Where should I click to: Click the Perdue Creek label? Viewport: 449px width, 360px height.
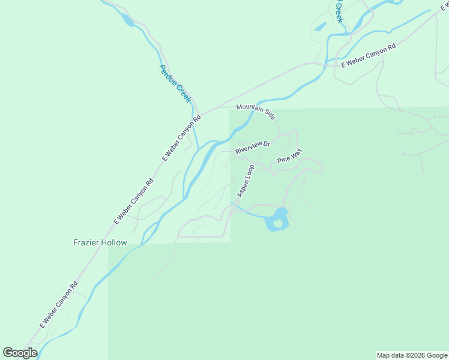click(175, 83)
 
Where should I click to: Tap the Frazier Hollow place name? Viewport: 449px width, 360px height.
click(100, 243)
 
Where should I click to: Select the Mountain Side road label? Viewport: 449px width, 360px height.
click(256, 111)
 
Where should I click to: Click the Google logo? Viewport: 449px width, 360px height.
click(20, 353)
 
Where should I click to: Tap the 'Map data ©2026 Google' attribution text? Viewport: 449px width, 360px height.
click(412, 355)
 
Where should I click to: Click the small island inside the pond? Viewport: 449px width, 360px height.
click(277, 224)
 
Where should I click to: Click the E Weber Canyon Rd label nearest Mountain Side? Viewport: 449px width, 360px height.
click(181, 137)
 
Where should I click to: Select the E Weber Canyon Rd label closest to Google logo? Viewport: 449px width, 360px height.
click(59, 305)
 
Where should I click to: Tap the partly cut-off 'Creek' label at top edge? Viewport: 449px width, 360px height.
click(339, 11)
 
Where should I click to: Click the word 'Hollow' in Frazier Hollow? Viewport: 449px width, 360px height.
click(114, 243)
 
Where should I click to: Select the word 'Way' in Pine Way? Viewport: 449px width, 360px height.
click(296, 153)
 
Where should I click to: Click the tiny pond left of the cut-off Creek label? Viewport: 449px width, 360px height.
click(320, 27)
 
